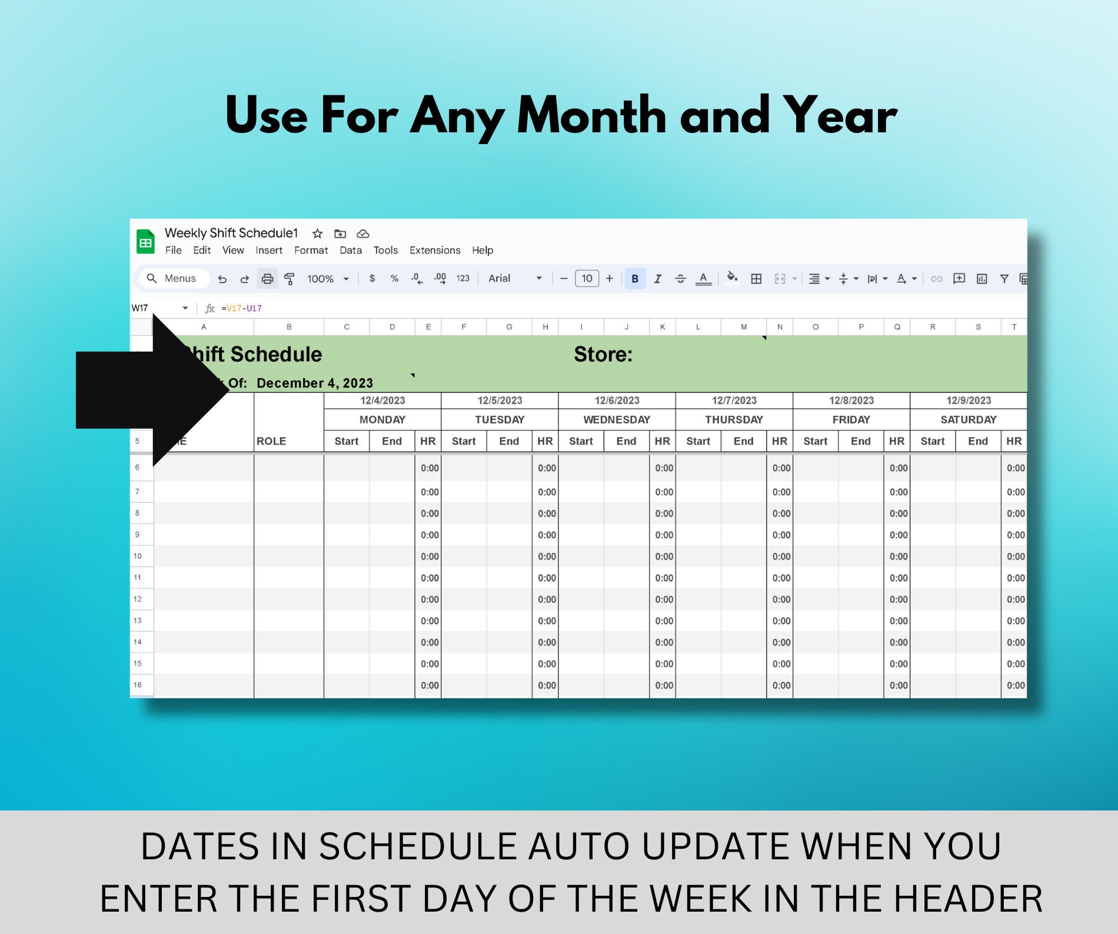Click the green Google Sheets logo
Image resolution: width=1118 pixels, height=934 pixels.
tap(145, 242)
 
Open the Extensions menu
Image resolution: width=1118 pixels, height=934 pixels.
tap(435, 251)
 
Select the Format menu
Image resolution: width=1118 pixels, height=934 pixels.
tap(311, 251)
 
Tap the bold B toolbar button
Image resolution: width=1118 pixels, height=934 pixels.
tap(635, 279)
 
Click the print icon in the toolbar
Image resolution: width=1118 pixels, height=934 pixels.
tap(267, 279)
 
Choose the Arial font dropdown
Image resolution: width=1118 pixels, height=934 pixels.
tap(514, 279)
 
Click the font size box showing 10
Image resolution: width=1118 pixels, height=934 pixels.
tap(587, 279)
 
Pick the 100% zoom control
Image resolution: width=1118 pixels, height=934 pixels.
tap(327, 279)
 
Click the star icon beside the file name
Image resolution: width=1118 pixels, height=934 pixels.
tap(317, 233)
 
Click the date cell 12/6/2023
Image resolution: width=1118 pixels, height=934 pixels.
tap(617, 401)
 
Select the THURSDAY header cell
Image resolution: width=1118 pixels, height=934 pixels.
tap(734, 420)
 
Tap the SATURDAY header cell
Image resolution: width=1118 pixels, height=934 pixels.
tap(969, 420)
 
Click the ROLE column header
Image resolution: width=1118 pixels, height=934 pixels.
tap(271, 441)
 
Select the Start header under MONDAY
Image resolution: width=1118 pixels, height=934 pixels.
tap(347, 441)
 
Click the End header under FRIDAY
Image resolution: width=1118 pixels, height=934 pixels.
tap(860, 441)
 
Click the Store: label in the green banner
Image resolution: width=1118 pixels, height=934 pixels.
tap(603, 355)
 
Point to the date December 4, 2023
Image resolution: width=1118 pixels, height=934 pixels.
tap(315, 383)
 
